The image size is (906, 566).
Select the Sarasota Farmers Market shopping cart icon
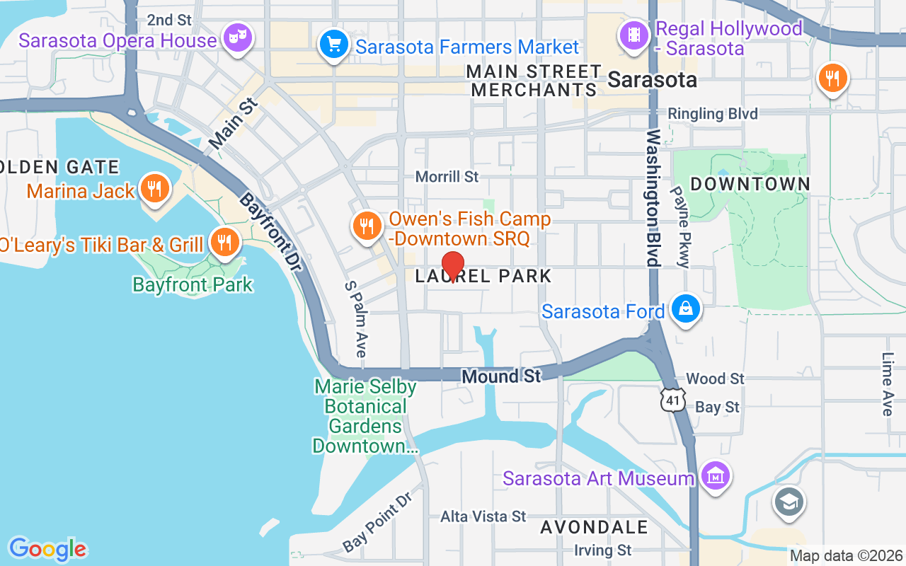[333, 44]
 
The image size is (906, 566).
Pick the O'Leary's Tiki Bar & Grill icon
[224, 243]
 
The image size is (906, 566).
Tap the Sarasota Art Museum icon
[716, 475]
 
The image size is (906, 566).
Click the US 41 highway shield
[672, 399]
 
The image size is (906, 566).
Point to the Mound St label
[501, 376]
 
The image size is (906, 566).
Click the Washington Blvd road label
[653, 198]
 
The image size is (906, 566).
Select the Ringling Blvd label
[713, 114]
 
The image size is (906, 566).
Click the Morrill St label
[447, 176]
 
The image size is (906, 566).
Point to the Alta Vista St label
[483, 516]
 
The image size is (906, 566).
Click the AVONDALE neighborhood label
[594, 527]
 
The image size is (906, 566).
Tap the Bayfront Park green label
[193, 284]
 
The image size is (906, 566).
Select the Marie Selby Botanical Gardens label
[365, 417]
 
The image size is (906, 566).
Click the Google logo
[48, 549]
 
